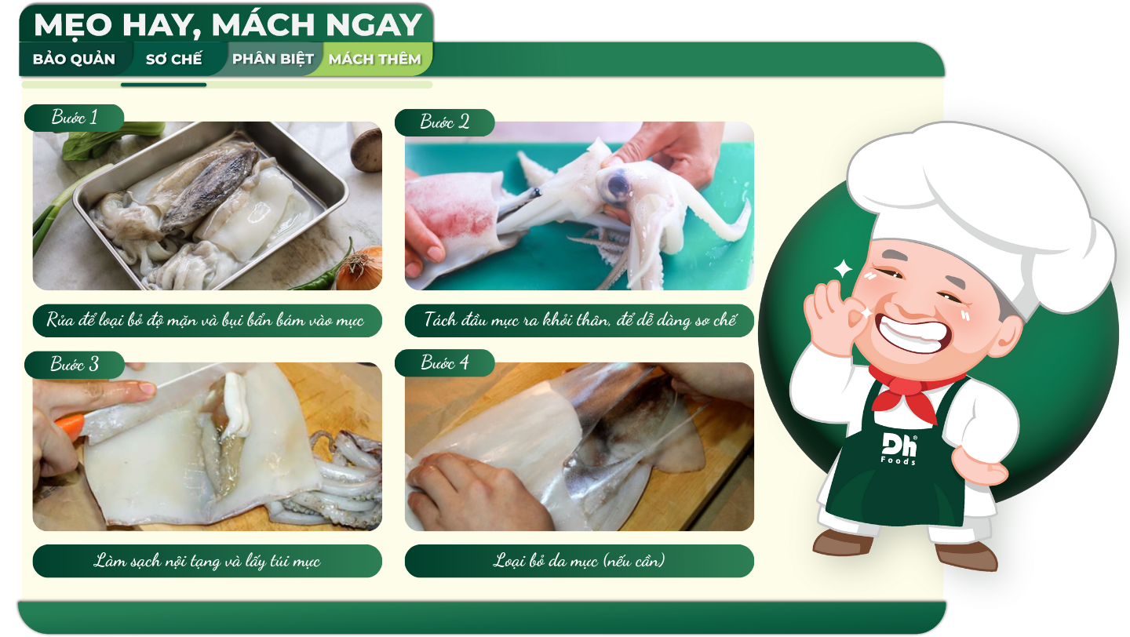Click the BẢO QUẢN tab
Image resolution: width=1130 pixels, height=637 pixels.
tap(74, 59)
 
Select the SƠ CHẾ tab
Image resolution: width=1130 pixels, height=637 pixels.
tap(174, 59)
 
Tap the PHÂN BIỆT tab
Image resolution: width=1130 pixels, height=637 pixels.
tap(273, 59)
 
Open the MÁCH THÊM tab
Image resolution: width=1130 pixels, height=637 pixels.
tap(375, 59)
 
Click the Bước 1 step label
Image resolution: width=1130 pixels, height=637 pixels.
tap(74, 118)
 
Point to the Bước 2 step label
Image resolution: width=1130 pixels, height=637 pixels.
tap(444, 122)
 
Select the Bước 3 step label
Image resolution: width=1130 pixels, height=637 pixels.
tap(74, 364)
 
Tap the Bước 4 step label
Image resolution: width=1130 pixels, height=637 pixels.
tap(444, 362)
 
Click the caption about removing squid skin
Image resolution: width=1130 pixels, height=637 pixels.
tap(579, 561)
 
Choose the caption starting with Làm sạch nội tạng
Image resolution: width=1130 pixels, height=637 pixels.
tap(207, 561)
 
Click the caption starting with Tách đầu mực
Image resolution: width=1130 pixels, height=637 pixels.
tap(579, 320)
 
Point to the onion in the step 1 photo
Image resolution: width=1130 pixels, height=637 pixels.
tap(360, 268)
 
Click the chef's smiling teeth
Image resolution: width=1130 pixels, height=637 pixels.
tap(913, 333)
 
